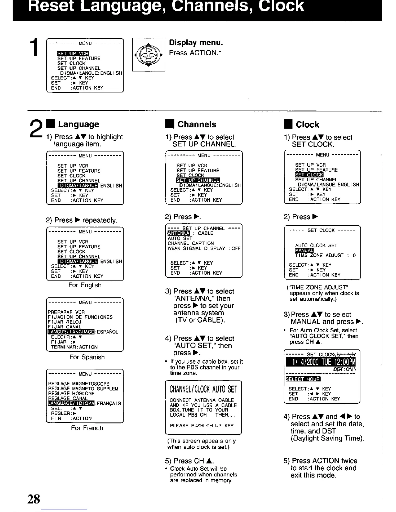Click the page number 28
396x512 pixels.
pyautogui.click(x=34, y=499)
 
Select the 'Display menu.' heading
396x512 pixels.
pyautogui.click(x=196, y=43)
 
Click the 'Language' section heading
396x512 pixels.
pyautogui.click(x=79, y=124)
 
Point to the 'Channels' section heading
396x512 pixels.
pyautogui.click(x=197, y=124)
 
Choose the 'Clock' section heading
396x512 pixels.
pyautogui.click(x=307, y=125)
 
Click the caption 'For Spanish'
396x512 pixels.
pyautogui.click(x=87, y=357)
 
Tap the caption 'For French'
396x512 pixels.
pyautogui.click(x=87, y=428)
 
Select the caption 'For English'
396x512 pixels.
pyautogui.click(x=85, y=285)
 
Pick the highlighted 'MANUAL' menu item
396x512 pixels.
pyautogui.click(x=304, y=251)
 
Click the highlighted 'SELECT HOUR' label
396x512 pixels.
pyautogui.click(x=302, y=379)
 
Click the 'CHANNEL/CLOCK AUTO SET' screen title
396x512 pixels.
pyautogui.click(x=203, y=389)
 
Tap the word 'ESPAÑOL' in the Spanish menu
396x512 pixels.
pyautogui.click(x=107, y=332)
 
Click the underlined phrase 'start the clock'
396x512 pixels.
pyautogui.click(x=320, y=468)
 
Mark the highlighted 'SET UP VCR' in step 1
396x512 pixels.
pyautogui.click(x=73, y=53)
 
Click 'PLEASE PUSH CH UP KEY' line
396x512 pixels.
pyautogui.click(x=202, y=426)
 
